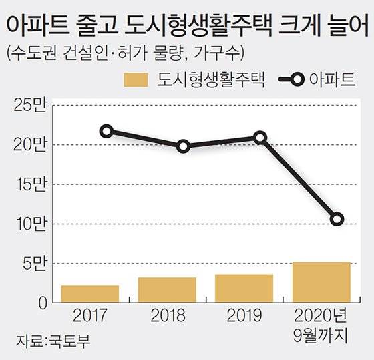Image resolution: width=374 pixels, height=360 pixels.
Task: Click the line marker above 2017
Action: [x=106, y=131]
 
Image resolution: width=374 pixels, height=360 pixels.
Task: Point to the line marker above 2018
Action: [x=184, y=146]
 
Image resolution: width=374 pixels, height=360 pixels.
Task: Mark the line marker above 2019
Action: [x=260, y=138]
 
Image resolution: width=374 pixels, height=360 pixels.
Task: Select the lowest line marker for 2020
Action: [x=337, y=219]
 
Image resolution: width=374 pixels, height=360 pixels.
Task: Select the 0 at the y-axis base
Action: [x=41, y=303]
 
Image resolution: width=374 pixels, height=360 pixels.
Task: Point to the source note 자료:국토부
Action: [x=48, y=341]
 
